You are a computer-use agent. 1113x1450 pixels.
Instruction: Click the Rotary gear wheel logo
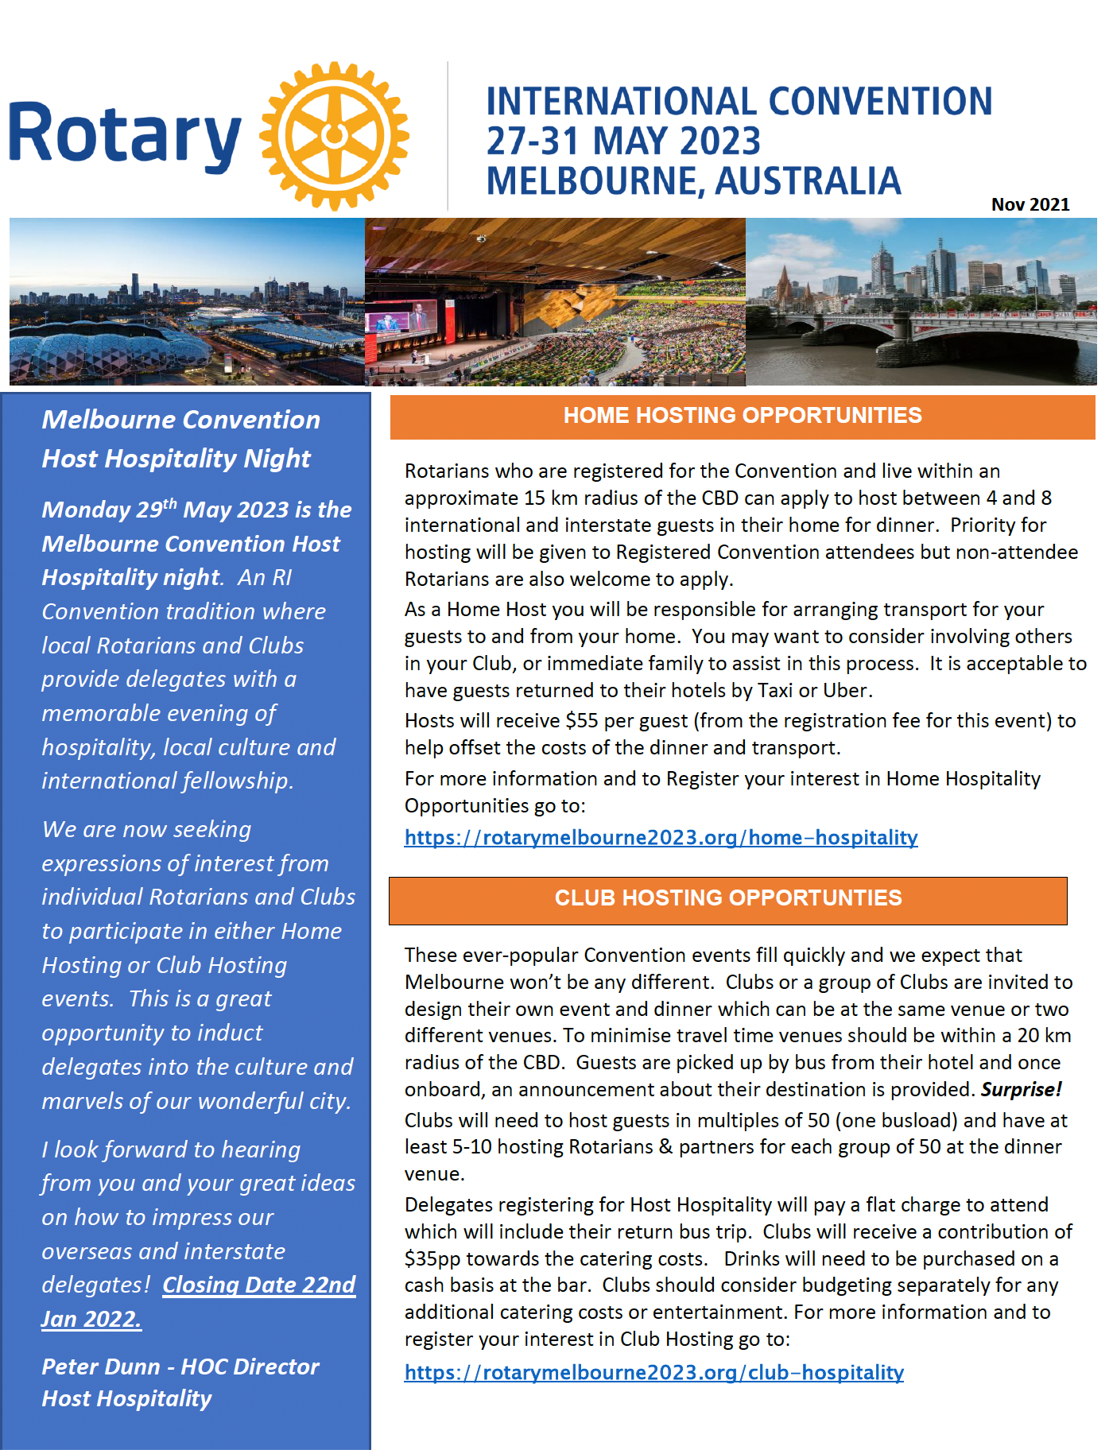(x=335, y=136)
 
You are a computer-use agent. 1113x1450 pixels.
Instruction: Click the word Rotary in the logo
(x=125, y=136)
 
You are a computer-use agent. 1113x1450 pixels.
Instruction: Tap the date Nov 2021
(x=1030, y=204)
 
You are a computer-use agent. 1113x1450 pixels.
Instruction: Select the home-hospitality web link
(x=661, y=837)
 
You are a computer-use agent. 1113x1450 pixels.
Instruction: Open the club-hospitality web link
(x=653, y=1372)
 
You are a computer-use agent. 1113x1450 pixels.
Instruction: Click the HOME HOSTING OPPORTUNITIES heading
(x=742, y=415)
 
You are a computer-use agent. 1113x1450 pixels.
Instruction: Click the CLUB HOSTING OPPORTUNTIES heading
(x=727, y=898)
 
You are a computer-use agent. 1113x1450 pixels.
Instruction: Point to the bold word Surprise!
(x=1021, y=1089)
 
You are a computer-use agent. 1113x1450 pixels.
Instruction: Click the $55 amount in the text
(x=581, y=721)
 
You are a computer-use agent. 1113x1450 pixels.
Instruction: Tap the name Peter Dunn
(x=100, y=1367)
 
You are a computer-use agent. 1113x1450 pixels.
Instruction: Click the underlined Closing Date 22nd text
(x=258, y=1285)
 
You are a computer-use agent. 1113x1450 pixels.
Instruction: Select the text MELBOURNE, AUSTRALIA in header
(x=693, y=181)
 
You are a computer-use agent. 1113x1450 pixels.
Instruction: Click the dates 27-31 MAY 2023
(x=623, y=142)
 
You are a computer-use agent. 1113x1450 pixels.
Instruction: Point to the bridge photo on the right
(x=921, y=302)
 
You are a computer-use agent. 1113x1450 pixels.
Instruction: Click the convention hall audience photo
(x=555, y=302)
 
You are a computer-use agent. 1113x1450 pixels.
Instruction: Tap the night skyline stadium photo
(x=187, y=302)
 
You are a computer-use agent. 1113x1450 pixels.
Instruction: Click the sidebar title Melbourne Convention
(x=180, y=420)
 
